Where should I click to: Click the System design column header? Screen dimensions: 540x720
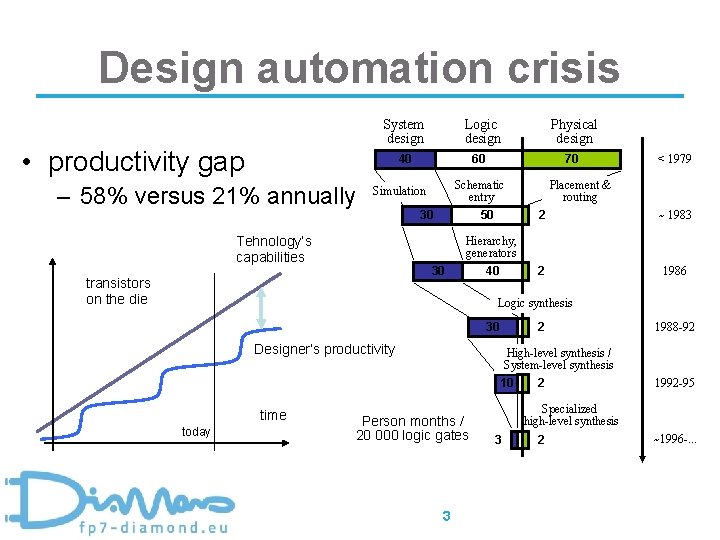(404, 131)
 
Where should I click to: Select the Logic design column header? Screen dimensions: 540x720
(482, 131)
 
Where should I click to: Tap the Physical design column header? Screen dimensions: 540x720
(573, 131)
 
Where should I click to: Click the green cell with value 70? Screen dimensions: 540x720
(571, 159)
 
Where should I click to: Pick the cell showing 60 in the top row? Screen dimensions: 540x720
(478, 159)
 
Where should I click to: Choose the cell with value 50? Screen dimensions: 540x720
(486, 215)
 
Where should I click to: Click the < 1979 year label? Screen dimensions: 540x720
(673, 159)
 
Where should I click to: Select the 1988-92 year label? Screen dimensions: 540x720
(674, 327)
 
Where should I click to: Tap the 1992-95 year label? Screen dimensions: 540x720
(674, 382)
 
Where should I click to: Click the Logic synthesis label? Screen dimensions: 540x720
(535, 303)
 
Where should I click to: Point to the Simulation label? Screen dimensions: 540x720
(399, 191)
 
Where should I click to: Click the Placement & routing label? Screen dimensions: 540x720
(579, 191)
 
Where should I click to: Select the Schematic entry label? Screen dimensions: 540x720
(479, 191)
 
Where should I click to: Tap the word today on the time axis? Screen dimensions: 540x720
(196, 432)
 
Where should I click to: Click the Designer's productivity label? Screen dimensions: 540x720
(324, 349)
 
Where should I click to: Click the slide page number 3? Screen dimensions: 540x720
(446, 516)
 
